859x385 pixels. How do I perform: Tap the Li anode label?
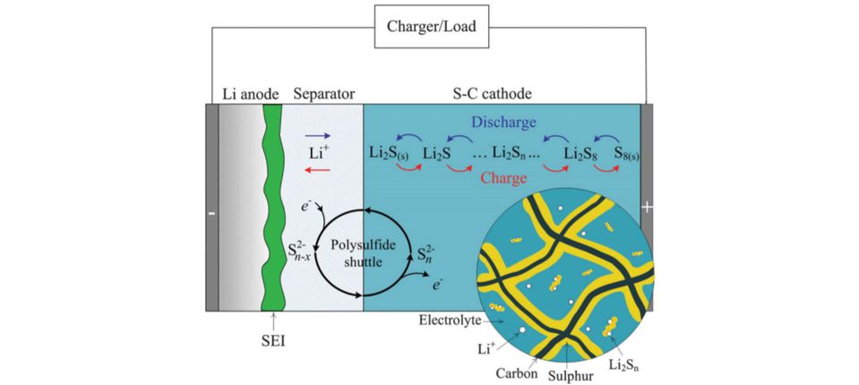[x=251, y=94]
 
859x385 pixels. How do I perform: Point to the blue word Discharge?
[x=504, y=122]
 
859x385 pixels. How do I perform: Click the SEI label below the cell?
[x=271, y=342]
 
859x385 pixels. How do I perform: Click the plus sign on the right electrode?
[x=647, y=208]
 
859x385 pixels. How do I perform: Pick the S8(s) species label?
[x=627, y=153]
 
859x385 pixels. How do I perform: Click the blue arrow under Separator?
[x=319, y=137]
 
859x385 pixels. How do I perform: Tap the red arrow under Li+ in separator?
[x=319, y=167]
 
